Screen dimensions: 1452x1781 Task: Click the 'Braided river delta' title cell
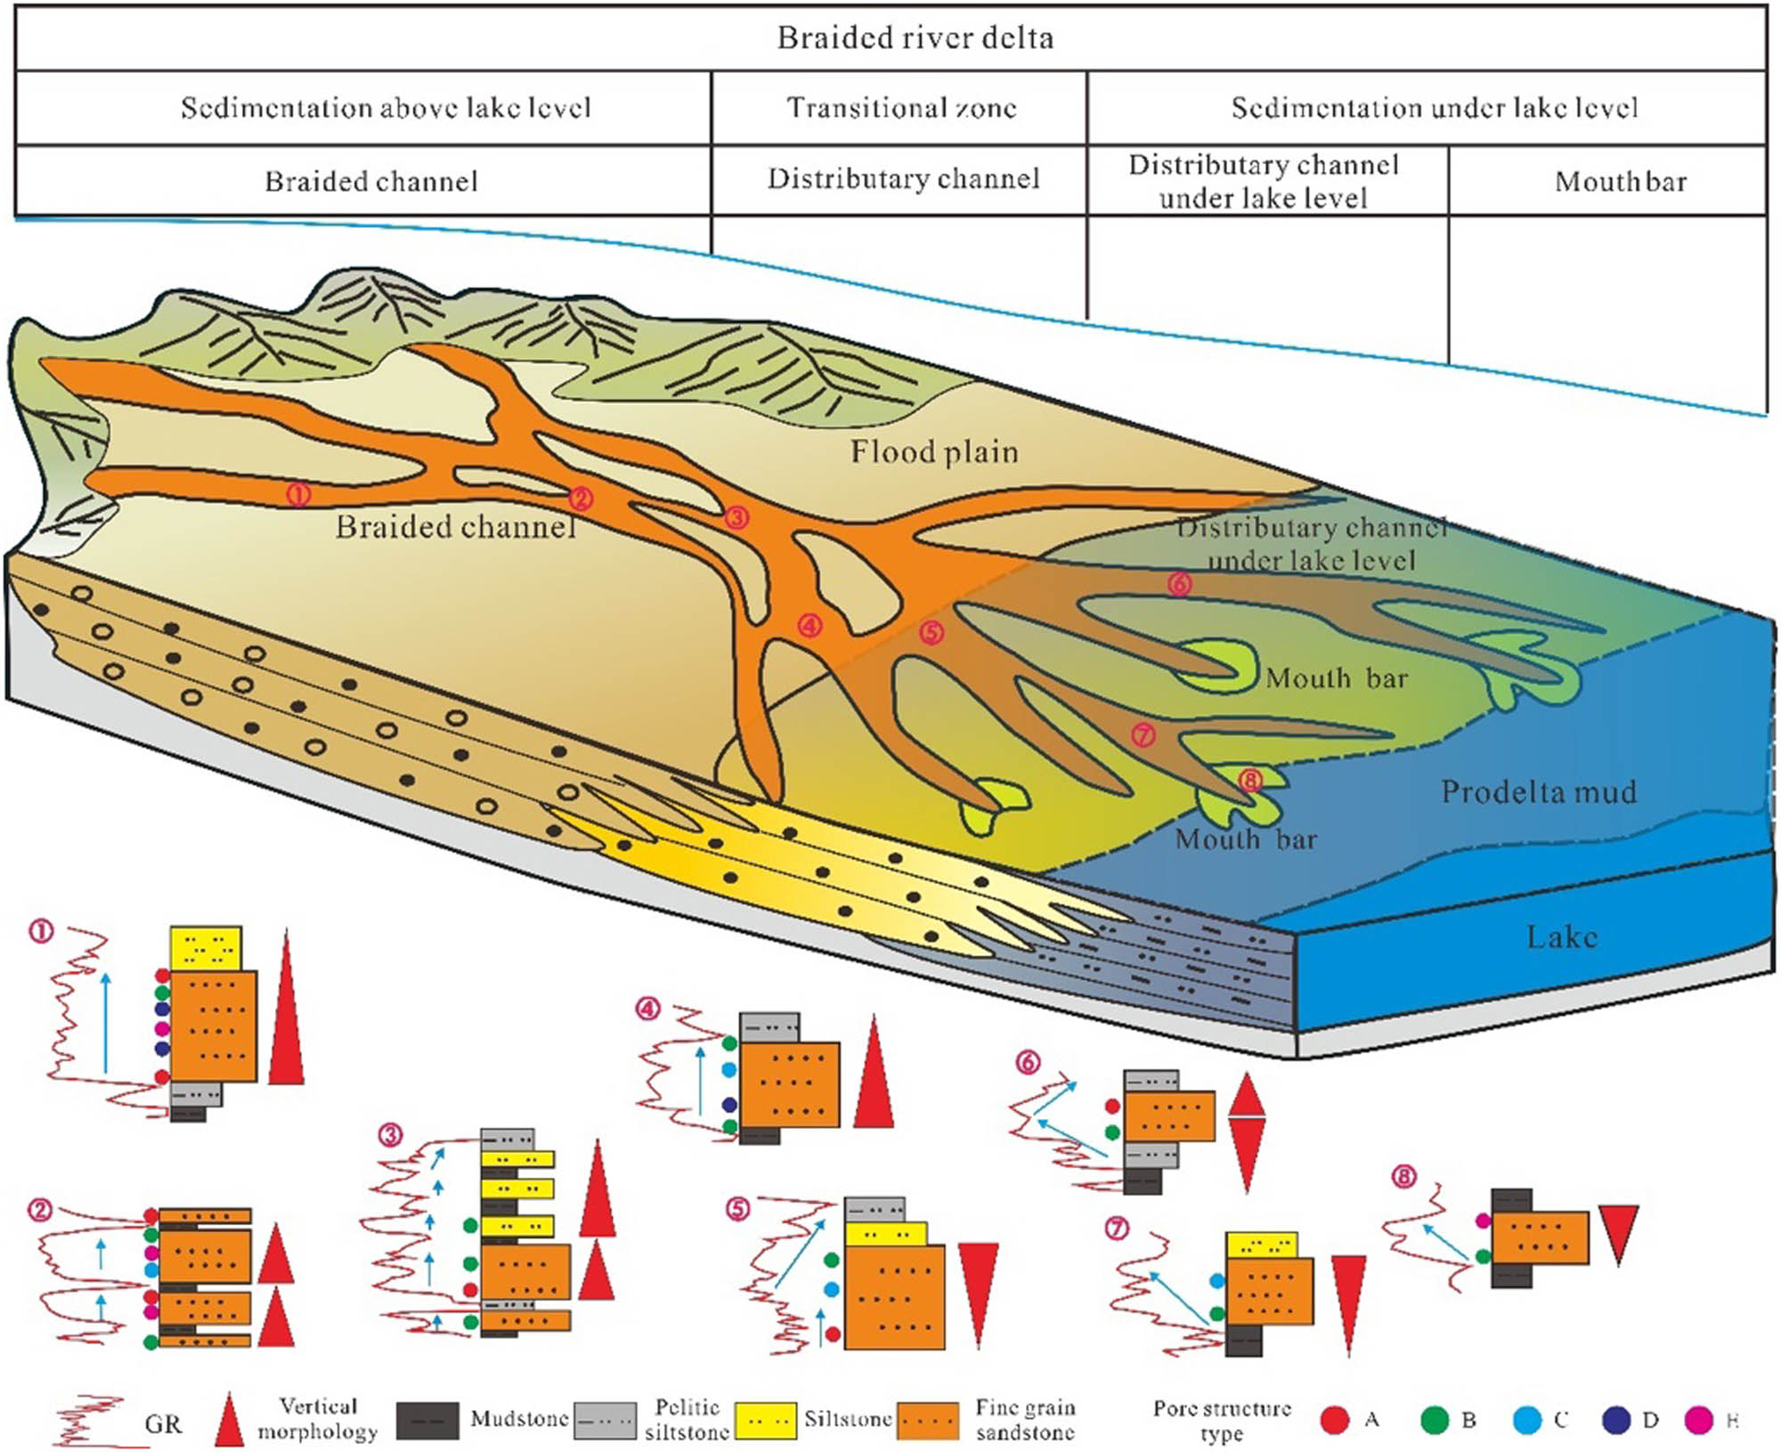(x=915, y=38)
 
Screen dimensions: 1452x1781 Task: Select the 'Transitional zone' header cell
(x=900, y=108)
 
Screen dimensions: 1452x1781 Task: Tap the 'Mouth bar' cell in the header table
(x=1620, y=182)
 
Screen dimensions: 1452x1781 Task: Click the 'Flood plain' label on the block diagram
(x=933, y=452)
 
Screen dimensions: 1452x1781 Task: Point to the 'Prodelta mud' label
(x=1538, y=792)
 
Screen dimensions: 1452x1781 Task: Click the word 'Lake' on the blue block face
(x=1561, y=937)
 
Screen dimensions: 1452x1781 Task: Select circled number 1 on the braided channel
(x=298, y=493)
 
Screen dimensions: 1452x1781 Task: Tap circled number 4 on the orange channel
(x=809, y=626)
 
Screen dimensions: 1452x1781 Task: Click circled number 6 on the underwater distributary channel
(x=1179, y=584)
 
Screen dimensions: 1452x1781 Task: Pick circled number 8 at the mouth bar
(x=1250, y=781)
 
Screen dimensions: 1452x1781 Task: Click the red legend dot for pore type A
(x=1334, y=1420)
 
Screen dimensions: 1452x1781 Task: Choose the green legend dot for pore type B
(x=1434, y=1420)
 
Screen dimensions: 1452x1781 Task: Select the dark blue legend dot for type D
(x=1615, y=1420)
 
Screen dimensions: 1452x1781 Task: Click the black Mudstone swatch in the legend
(x=427, y=1421)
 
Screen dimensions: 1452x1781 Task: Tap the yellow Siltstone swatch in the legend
(x=766, y=1421)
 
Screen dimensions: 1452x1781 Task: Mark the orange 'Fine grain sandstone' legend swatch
(x=928, y=1421)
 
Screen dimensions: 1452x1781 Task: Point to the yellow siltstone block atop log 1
(x=206, y=948)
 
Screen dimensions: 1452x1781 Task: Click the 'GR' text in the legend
(x=163, y=1424)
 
